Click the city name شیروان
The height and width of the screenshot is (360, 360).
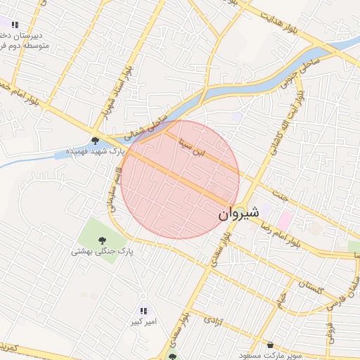point(238,212)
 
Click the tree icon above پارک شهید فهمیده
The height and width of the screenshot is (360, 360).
point(96,141)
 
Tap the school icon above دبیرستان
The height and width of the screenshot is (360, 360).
point(15,25)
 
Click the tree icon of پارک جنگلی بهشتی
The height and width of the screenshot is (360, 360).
point(103,240)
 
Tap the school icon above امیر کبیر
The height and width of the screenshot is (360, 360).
point(143,311)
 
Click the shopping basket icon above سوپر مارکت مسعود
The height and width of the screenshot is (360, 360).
point(271,345)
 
